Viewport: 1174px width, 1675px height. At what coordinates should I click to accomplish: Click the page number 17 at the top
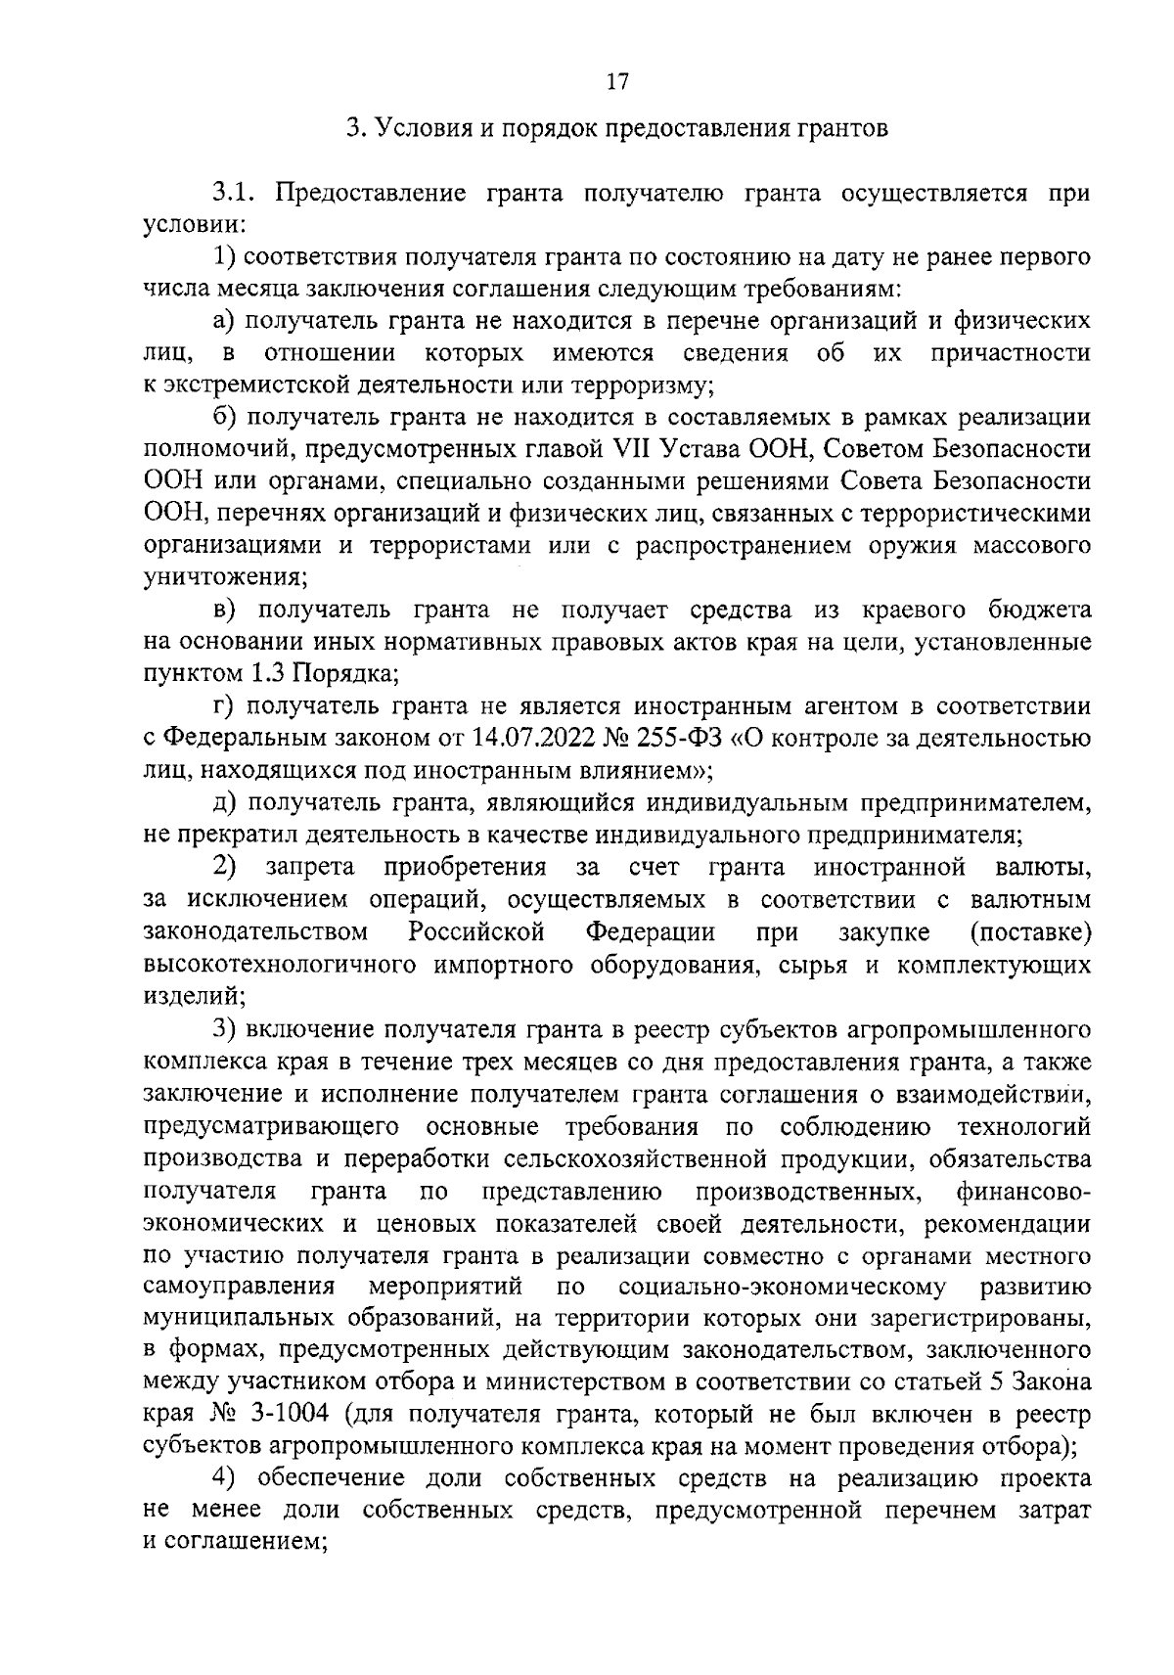click(616, 83)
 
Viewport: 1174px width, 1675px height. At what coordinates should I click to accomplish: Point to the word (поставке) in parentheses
click(1030, 932)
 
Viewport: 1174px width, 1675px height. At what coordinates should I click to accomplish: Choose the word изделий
click(192, 997)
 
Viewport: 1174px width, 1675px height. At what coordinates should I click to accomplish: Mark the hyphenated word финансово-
click(1023, 1192)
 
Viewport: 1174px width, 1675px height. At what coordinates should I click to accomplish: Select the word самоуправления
click(240, 1287)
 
